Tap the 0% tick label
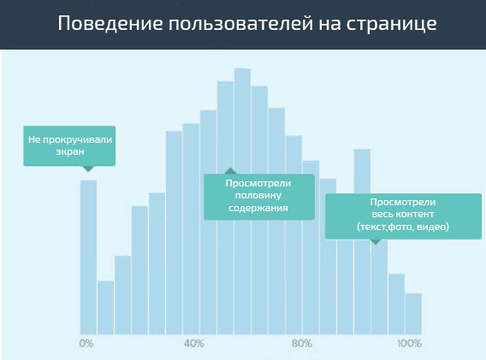(x=86, y=344)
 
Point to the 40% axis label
(x=193, y=344)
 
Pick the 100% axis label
(x=409, y=344)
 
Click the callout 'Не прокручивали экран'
(x=70, y=145)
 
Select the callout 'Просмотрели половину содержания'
(x=258, y=196)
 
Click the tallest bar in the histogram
(x=242, y=201)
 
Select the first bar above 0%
(x=88, y=257)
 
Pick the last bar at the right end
(x=413, y=313)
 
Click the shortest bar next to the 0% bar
(x=105, y=306)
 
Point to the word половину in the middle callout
(x=258, y=196)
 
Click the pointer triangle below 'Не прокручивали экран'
(x=87, y=168)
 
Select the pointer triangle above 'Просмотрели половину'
(x=228, y=171)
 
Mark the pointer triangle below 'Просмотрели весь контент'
(x=375, y=242)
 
